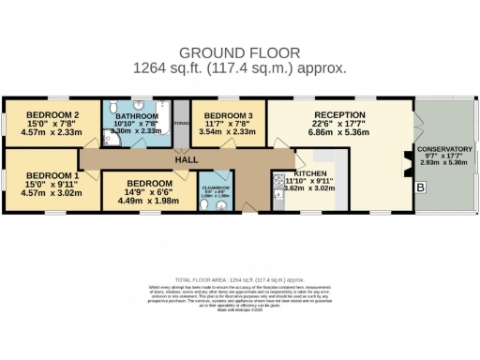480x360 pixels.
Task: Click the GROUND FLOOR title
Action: point(240,52)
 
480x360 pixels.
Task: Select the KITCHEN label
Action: point(311,174)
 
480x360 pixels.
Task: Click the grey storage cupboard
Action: point(181,122)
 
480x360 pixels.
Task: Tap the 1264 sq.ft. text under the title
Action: point(240,67)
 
